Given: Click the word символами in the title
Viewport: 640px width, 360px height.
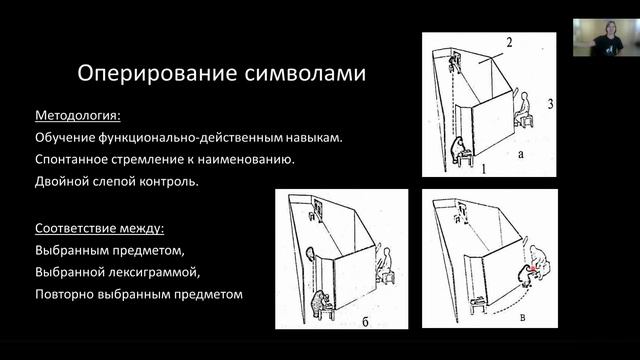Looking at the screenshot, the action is pos(305,73).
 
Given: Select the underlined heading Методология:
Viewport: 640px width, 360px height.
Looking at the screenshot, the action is pos(78,116).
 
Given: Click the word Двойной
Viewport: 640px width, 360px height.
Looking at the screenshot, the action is pos(61,181).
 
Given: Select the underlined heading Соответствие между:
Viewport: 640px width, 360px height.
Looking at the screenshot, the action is pos(99,228).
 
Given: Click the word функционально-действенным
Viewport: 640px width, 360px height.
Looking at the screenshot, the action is pos(189,138).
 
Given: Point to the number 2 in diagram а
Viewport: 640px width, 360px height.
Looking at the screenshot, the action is pos(509,42).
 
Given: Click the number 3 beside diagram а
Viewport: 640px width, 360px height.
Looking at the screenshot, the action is pos(550,104).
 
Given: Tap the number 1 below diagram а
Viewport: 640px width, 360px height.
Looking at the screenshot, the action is pos(484,168).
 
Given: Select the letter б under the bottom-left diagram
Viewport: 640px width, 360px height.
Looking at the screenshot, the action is pos(365,322).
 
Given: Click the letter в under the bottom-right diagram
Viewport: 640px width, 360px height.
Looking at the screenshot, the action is pos(523,318).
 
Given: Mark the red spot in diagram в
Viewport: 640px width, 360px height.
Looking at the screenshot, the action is pos(533,269).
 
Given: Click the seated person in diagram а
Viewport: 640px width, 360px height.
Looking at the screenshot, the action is pos(522,107).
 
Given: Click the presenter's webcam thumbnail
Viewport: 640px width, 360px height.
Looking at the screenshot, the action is pos(606,38).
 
